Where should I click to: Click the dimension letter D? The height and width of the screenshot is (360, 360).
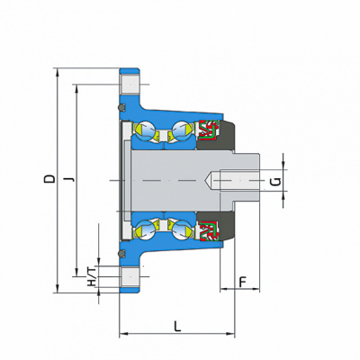click(49, 178)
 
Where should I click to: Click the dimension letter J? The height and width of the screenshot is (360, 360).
click(69, 179)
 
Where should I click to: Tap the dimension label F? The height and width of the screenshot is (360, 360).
click(242, 282)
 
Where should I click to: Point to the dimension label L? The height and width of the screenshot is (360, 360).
click(178, 327)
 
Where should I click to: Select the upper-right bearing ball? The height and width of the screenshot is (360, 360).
click(182, 130)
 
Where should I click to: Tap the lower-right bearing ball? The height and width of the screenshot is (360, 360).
click(182, 229)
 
